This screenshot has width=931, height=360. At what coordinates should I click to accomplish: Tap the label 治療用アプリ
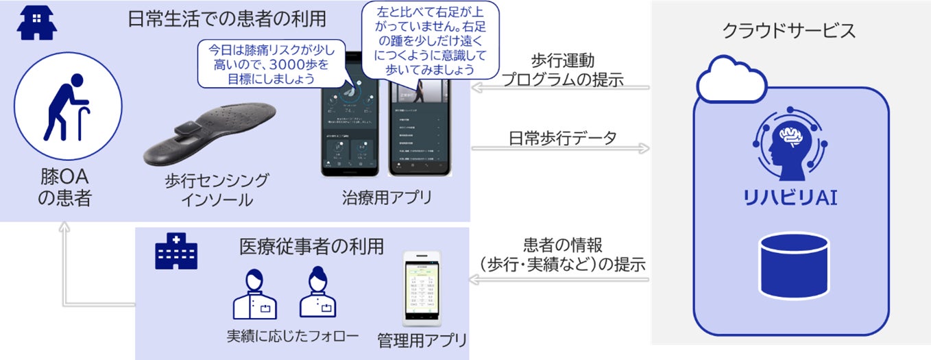pos(387,199)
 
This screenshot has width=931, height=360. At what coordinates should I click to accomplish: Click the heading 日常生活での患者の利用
pos(226,19)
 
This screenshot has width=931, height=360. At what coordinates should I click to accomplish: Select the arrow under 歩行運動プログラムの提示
pos(559,88)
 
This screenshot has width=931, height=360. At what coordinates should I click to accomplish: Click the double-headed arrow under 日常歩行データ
pos(559,147)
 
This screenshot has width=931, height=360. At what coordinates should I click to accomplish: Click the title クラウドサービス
pos(788,31)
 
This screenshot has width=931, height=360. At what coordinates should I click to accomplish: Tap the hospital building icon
pos(177,251)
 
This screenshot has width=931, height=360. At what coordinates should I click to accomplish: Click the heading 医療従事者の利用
pos(311,246)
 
